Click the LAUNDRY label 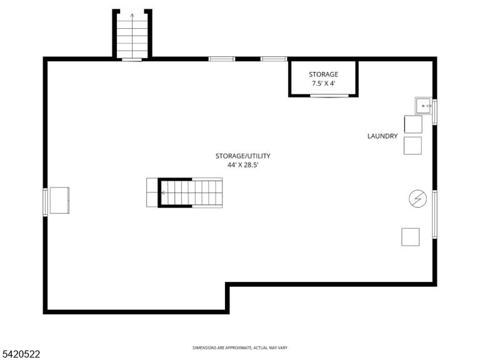coord(382,136)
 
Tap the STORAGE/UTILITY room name coord(242,156)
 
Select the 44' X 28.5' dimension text coord(242,165)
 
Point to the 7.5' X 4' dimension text coord(323,83)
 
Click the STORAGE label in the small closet coord(323,74)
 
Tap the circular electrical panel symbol coord(418,199)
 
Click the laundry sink coord(424,106)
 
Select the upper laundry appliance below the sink coord(413,124)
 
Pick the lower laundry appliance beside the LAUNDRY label coord(412,146)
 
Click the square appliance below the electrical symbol coord(411,237)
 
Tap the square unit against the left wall coord(60,200)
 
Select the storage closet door coord(329,96)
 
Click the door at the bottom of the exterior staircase coord(132,60)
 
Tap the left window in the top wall coord(222,59)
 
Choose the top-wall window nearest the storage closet coord(274,59)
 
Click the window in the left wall coord(45,202)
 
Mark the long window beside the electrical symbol coord(434,214)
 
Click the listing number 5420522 coord(20,354)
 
